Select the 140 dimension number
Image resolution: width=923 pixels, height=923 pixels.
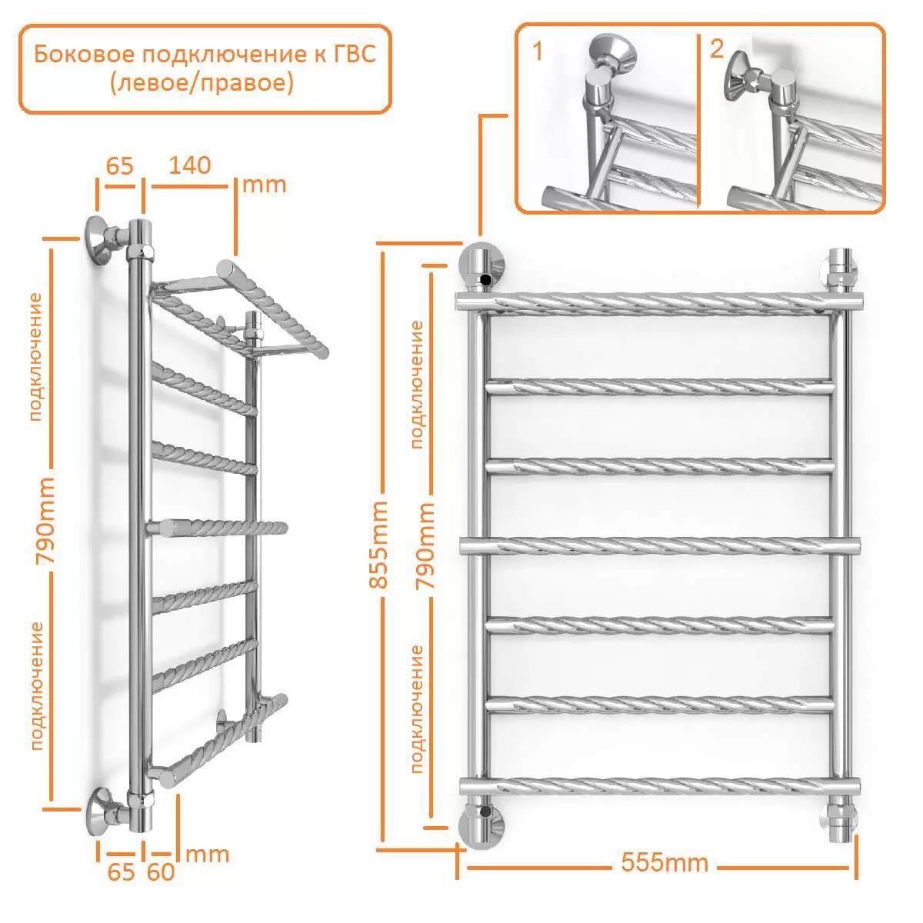(190, 165)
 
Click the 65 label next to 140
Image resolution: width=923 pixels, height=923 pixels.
(120, 166)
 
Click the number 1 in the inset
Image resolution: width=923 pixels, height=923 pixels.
(538, 51)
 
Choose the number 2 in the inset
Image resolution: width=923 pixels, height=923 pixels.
(716, 48)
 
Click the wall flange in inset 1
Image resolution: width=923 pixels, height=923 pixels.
(611, 51)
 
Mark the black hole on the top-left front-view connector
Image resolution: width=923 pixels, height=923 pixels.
(487, 278)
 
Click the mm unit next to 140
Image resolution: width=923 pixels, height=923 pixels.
(264, 185)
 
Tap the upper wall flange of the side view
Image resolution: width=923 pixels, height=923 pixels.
(101, 241)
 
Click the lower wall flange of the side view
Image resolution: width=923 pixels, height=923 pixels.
(101, 811)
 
